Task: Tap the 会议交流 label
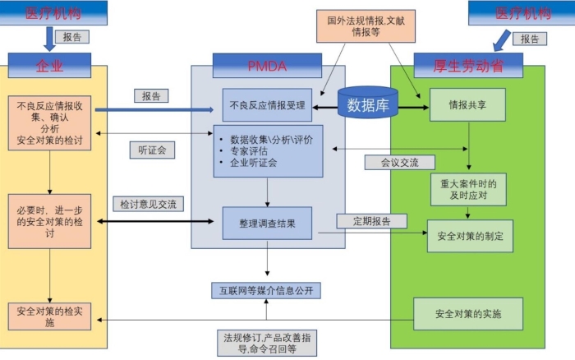pyautogui.click(x=399, y=162)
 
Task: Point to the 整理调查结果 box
pyautogui.click(x=269, y=223)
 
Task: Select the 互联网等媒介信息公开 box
pyautogui.click(x=264, y=291)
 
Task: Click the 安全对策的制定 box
pyautogui.click(x=469, y=236)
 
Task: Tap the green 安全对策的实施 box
pyautogui.click(x=468, y=315)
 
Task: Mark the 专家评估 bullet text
pyautogui.click(x=255, y=151)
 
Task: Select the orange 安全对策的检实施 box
pyautogui.click(x=49, y=317)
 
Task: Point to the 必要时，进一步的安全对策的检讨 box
pyautogui.click(x=49, y=221)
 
